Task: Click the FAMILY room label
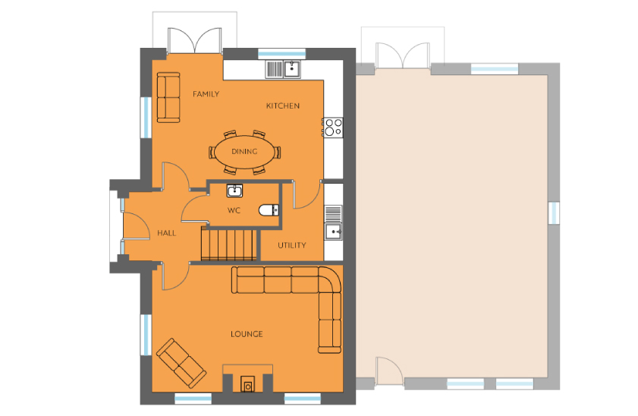point(206,94)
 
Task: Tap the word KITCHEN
point(283,106)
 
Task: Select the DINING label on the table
point(244,151)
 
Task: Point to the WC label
point(234,210)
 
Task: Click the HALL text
point(167,233)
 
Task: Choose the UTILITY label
point(292,245)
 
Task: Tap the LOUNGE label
point(247,334)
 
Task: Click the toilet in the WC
point(269,210)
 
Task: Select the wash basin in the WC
point(234,191)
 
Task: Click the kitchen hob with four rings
point(333,127)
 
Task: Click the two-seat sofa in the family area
point(168,98)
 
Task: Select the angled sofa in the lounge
point(181,363)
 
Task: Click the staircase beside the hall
point(229,244)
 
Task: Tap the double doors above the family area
point(195,41)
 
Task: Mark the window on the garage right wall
point(554,213)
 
